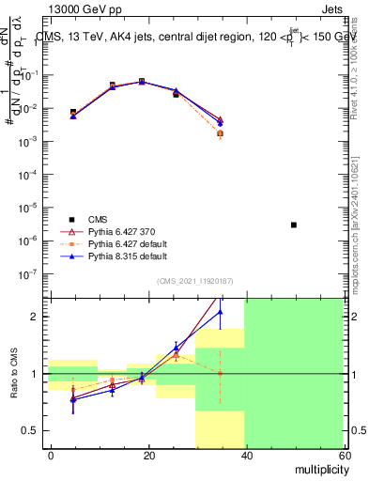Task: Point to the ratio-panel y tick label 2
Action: point(38,317)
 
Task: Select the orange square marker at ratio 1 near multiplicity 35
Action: point(221,373)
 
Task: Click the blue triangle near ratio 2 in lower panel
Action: point(221,312)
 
